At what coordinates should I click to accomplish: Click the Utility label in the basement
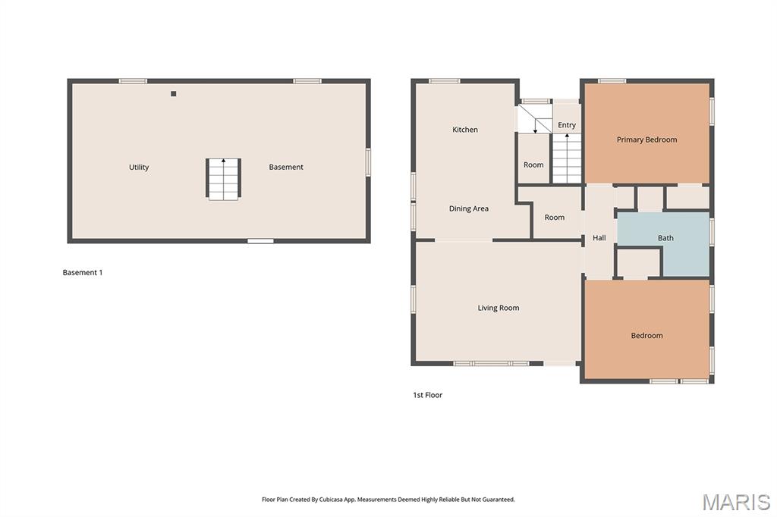tap(139, 168)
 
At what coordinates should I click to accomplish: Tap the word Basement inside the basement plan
tap(286, 167)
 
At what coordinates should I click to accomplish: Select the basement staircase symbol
tap(224, 179)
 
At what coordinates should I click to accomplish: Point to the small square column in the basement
tap(174, 93)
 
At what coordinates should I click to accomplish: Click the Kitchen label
tap(465, 130)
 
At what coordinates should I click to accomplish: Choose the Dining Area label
tap(469, 208)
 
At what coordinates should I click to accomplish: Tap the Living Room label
tap(499, 308)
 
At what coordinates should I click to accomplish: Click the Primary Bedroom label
tap(646, 139)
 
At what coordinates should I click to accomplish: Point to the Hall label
tap(599, 238)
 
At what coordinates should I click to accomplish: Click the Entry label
tap(567, 125)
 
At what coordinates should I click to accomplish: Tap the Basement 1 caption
tap(83, 272)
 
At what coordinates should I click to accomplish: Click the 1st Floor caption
tap(428, 395)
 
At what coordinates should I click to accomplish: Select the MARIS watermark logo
tap(736, 502)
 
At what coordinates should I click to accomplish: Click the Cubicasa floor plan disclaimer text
tap(388, 500)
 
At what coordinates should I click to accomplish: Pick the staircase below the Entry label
tap(567, 158)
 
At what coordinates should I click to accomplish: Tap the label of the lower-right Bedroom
tap(646, 336)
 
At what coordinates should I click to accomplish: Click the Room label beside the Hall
tap(555, 218)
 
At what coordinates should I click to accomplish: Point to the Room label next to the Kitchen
tap(533, 165)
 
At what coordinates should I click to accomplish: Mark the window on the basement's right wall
tap(368, 161)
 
